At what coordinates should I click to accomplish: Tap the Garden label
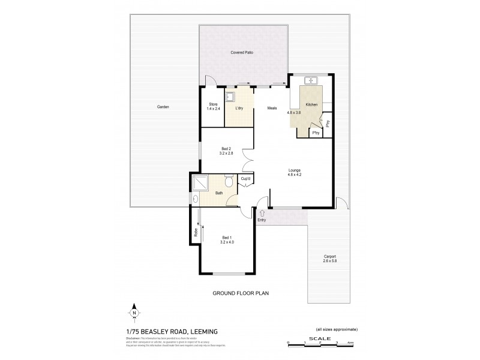(x=163, y=107)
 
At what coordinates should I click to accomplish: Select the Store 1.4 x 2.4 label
(x=214, y=107)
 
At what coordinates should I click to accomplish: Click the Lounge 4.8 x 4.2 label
(x=293, y=172)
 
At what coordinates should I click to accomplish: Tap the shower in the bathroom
(x=199, y=182)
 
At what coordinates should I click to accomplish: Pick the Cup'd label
(x=245, y=179)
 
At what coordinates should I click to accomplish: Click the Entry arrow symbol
(x=262, y=212)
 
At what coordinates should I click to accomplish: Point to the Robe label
(x=196, y=232)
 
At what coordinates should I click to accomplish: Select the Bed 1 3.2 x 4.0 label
(x=226, y=241)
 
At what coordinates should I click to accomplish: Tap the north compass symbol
(x=135, y=313)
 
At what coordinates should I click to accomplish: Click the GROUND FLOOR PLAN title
(x=240, y=294)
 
